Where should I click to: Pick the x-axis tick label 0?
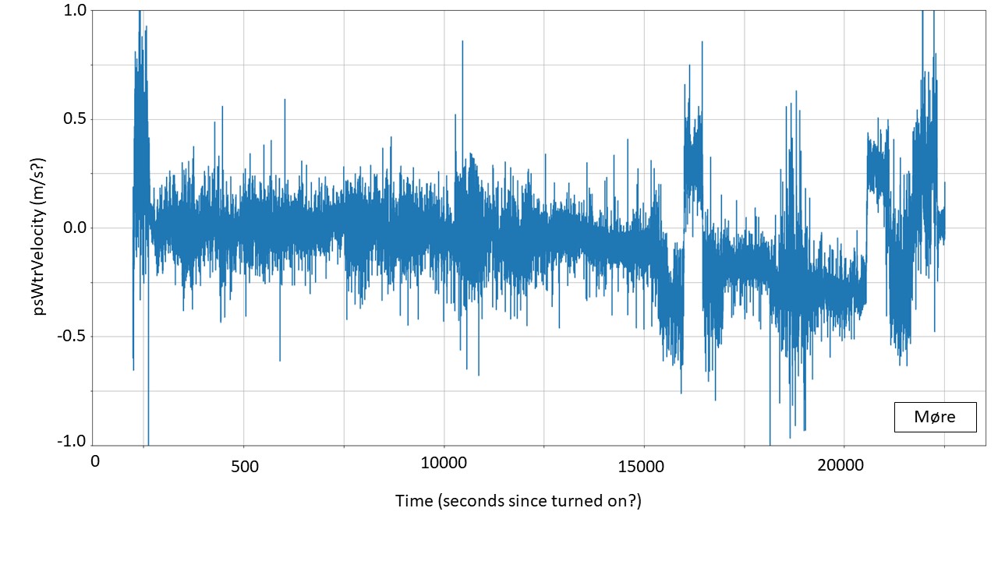[95, 461]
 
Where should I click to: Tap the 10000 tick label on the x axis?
[444, 464]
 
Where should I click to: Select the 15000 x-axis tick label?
[643, 466]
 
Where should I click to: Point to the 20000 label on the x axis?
[844, 465]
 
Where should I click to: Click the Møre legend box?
[935, 417]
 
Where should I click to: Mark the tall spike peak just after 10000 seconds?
[462, 41]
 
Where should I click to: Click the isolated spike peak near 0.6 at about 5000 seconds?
[285, 100]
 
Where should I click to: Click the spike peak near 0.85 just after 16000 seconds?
[702, 42]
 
